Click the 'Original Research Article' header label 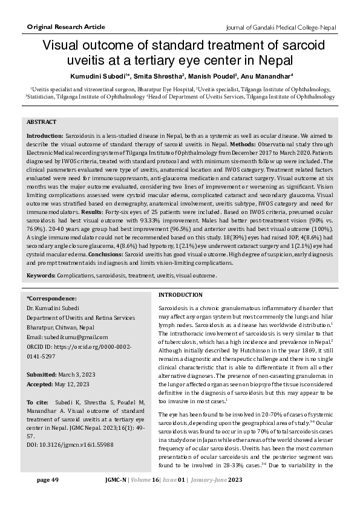point(66,27)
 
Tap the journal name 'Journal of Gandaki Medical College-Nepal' point(280,28)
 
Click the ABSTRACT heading point(42,122)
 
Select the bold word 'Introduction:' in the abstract point(45,137)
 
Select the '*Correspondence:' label point(51,299)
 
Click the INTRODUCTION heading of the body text point(180,294)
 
